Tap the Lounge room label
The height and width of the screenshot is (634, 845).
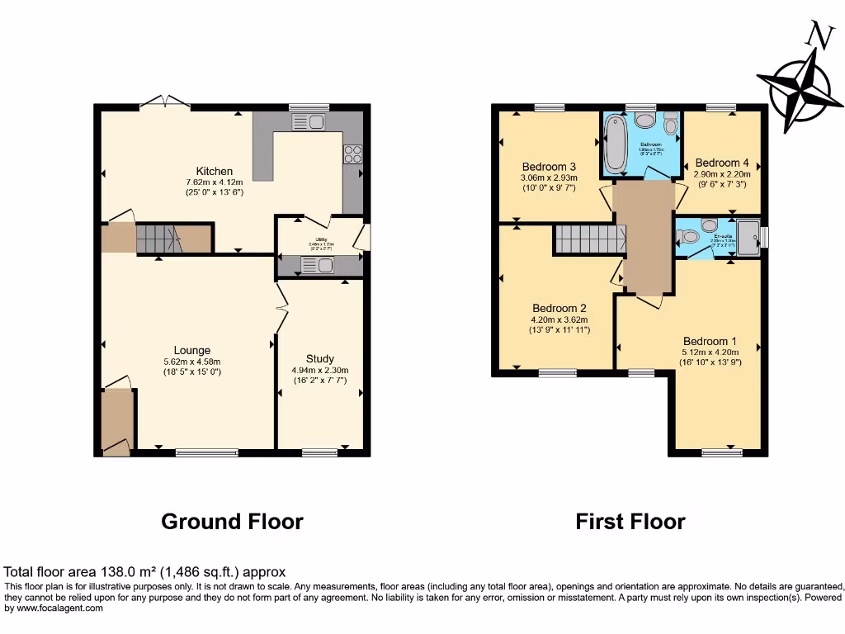pos(191,350)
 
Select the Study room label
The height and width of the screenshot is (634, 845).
pos(319,358)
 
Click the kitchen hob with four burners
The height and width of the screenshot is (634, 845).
pos(352,154)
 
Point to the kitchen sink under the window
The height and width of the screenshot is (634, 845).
pos(309,122)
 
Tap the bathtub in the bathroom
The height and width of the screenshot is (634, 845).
pos(615,144)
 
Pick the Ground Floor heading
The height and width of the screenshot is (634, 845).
pos(232,522)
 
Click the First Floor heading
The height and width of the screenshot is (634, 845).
pos(630,522)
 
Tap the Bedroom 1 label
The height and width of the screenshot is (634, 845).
pos(710,341)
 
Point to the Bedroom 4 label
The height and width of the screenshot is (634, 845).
pos(722,163)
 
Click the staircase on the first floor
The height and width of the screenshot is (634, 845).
pos(589,239)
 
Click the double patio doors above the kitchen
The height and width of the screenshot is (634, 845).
pos(164,102)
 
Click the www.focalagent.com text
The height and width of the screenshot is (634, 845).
pos(55,608)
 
